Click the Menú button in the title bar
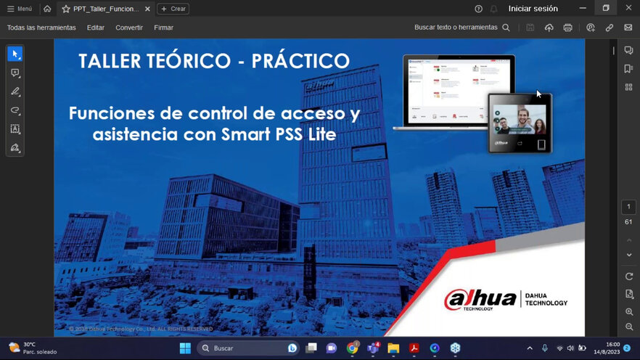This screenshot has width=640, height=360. coord(20,9)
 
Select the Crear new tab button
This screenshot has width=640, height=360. coord(173,9)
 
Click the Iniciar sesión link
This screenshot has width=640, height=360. coord(533,9)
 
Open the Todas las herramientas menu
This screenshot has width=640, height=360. coord(41,28)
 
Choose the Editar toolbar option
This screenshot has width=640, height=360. coord(96,28)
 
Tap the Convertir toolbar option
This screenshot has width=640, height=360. coord(129,28)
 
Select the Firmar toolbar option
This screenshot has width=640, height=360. coord(163,28)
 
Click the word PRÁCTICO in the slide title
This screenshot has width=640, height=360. coord(300,60)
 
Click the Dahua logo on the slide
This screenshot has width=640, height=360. coord(479,299)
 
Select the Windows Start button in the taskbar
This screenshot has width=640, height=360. coord(184,348)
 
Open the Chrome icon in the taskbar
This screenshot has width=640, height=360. coord(353,348)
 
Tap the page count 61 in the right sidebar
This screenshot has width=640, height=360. coord(628,222)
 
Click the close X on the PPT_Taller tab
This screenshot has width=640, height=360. coord(147,9)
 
